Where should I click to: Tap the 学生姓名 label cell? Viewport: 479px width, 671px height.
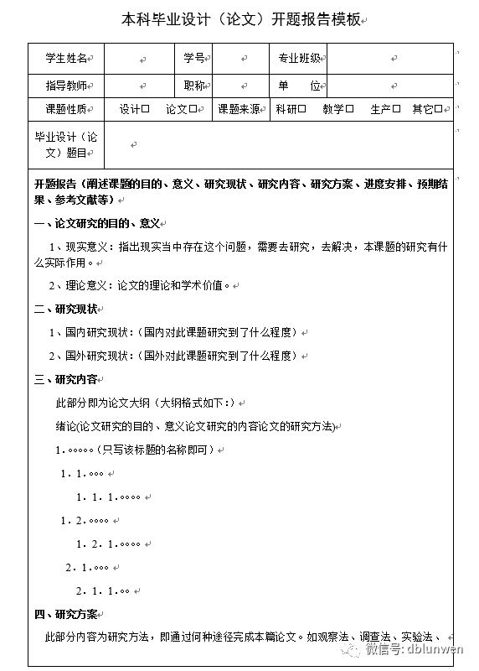click(67, 58)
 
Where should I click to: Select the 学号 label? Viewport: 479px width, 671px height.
click(193, 58)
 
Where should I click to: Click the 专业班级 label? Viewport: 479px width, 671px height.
click(300, 58)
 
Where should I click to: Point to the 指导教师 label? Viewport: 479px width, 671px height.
click(67, 86)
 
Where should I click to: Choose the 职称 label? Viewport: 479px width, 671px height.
click(193, 86)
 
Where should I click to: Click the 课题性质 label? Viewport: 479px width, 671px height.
click(67, 109)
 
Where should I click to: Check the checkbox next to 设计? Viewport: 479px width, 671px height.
click(146, 109)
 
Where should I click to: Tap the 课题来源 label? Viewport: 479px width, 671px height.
click(239, 109)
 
